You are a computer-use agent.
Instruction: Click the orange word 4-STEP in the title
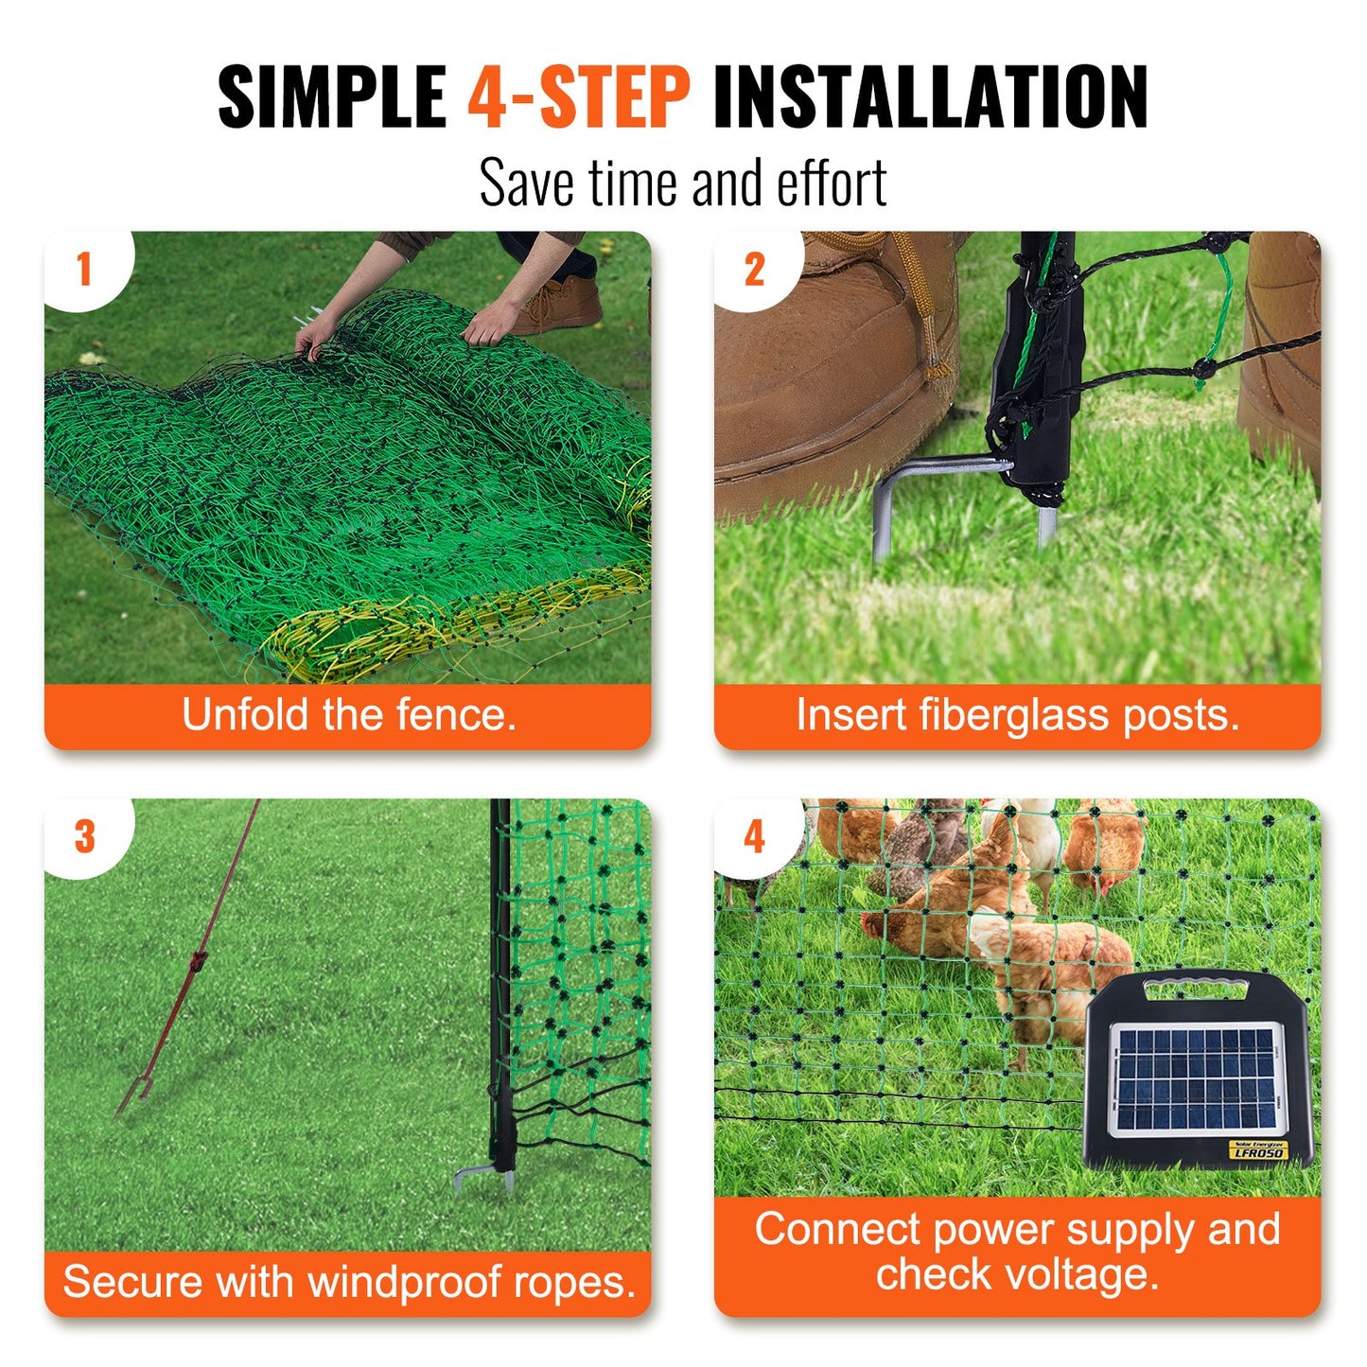578,96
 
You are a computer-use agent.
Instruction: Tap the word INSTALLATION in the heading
930,96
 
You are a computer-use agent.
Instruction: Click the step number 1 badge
85,270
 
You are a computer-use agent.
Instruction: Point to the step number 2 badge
754,271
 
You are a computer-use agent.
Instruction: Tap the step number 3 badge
85,836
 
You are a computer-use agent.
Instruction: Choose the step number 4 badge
754,837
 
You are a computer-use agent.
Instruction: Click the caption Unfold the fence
348,715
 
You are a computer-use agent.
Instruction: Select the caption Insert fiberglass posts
1017,715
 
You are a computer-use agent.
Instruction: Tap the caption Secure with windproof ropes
348,1283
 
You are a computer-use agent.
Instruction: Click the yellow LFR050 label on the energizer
1258,1150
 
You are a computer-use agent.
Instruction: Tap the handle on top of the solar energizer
1197,990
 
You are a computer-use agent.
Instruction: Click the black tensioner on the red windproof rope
199,962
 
